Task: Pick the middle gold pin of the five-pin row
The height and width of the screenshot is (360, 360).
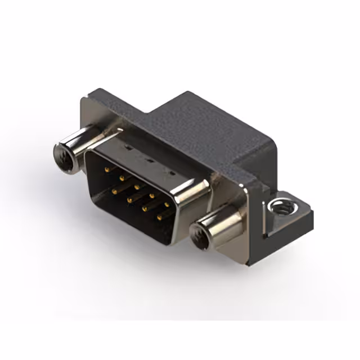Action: tap(136, 183)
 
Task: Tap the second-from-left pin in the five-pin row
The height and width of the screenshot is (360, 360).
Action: tap(121, 174)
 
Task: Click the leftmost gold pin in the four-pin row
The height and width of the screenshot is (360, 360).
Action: tap(114, 191)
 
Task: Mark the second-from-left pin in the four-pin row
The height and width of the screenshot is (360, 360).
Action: tap(129, 199)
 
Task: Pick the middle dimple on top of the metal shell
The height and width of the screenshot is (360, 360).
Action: tap(147, 158)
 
